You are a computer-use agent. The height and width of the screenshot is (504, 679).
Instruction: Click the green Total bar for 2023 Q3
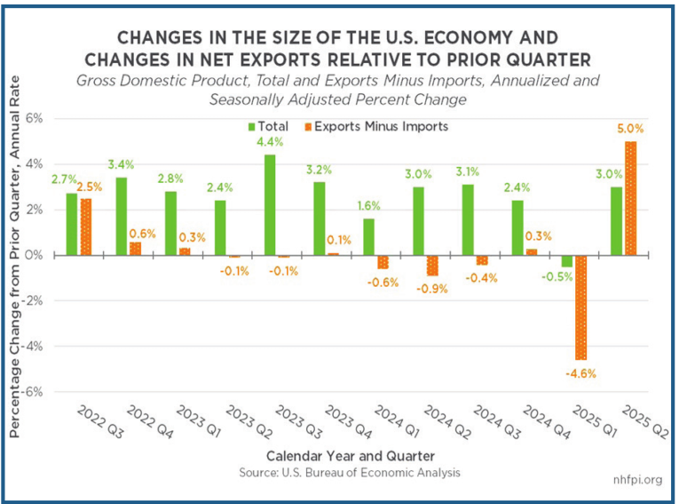tap(270, 205)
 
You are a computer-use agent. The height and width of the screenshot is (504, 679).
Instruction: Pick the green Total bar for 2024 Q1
tap(369, 237)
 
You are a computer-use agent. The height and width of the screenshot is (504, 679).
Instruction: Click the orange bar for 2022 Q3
tap(86, 227)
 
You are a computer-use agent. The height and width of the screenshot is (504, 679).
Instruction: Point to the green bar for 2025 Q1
tap(567, 261)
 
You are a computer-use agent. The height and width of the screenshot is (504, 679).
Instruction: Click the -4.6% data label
tap(580, 374)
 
